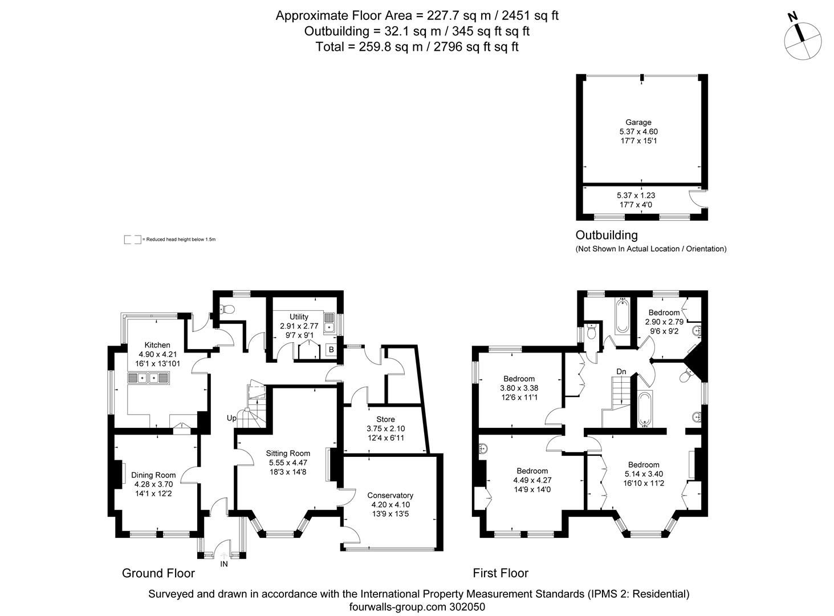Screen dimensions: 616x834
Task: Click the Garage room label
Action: tap(638, 122)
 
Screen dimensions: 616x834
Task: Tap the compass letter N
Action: tap(792, 17)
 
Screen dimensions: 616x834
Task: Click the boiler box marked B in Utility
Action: tap(331, 349)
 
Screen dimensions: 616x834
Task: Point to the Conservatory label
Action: tap(390, 495)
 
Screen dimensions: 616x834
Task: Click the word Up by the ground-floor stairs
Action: tap(231, 418)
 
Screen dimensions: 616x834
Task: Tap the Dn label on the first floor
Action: tap(621, 372)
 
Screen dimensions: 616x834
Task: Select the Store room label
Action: tap(385, 419)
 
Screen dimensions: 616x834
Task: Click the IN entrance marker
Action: tap(224, 564)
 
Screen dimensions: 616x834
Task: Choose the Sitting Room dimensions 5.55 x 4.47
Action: tap(288, 463)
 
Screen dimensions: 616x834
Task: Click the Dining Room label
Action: tap(153, 475)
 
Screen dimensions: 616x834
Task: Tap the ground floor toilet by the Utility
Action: tap(227, 310)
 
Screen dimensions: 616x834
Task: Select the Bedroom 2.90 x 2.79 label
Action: tap(664, 313)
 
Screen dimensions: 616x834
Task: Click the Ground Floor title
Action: tap(158, 573)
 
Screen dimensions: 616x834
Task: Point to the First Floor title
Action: tap(501, 573)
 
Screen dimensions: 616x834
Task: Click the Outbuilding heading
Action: tap(607, 235)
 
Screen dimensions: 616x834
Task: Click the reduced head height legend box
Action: tap(132, 240)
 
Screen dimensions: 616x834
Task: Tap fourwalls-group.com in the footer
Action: tap(393, 607)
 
